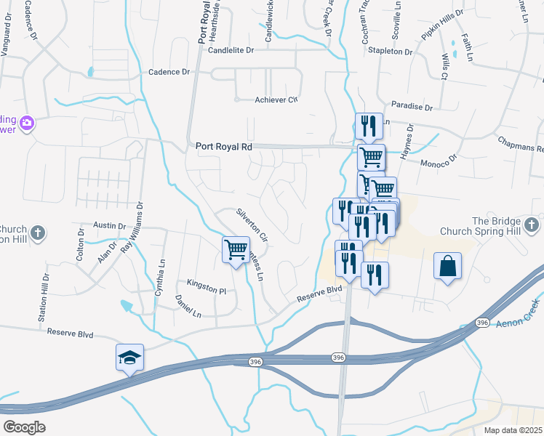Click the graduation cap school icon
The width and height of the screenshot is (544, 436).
(x=129, y=358)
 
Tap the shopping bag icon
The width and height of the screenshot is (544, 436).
(x=448, y=266)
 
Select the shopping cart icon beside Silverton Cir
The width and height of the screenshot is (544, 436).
(x=236, y=250)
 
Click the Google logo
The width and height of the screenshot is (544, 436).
(x=24, y=427)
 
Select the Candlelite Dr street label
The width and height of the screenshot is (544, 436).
(x=231, y=51)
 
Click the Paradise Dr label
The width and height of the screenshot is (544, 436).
(x=412, y=106)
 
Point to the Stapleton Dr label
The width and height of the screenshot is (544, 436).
(x=390, y=52)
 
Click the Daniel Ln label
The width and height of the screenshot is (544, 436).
(x=188, y=306)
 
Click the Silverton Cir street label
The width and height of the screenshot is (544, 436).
(x=252, y=225)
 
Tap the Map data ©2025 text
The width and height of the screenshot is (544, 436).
(x=513, y=430)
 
